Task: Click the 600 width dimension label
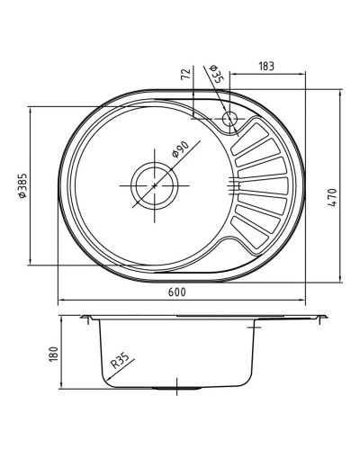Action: [176, 293]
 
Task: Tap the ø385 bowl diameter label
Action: [21, 186]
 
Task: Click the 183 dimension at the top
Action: [266, 64]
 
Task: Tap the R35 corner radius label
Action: [119, 364]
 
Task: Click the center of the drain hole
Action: [155, 184]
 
